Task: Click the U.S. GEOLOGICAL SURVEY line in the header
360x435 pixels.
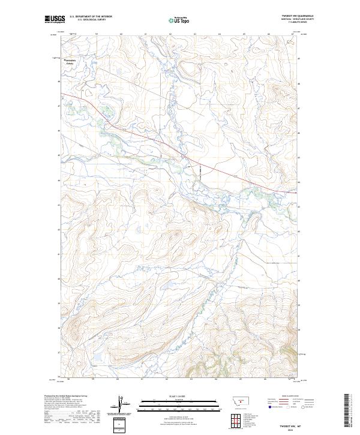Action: click(x=91, y=20)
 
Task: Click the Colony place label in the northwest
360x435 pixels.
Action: click(x=70, y=65)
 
